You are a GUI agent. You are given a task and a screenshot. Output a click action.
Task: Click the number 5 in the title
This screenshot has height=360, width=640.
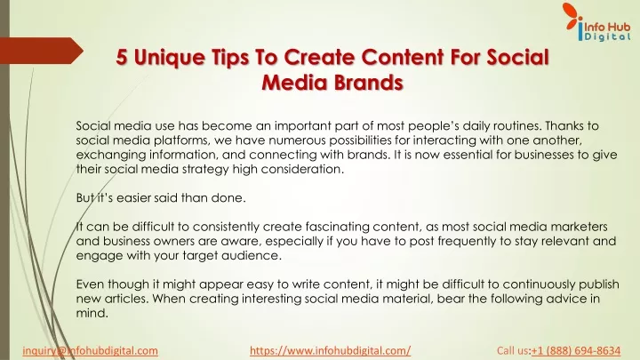click(x=121, y=57)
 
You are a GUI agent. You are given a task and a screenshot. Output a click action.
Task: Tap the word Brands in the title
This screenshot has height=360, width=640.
click(x=368, y=83)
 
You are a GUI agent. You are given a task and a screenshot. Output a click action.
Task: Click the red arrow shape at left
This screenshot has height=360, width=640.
click(x=42, y=51)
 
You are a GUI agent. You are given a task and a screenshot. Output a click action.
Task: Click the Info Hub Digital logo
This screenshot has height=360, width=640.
click(x=597, y=22)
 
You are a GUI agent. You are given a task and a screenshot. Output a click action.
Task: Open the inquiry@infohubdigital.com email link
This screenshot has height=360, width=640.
click(x=90, y=350)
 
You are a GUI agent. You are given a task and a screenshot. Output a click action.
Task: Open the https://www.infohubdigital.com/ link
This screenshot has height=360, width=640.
click(x=330, y=350)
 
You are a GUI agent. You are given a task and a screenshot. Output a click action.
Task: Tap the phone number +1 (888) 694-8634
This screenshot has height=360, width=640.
click(x=576, y=350)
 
